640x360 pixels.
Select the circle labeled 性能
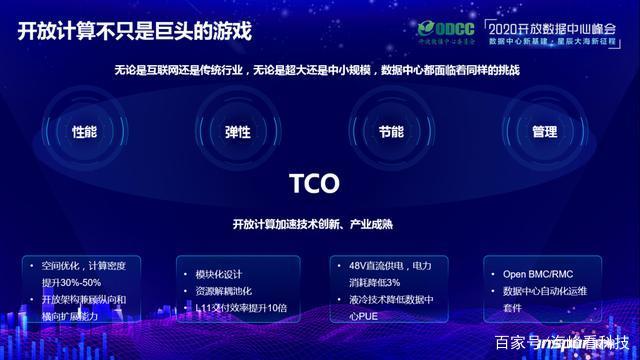85,132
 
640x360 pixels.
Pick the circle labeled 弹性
238,132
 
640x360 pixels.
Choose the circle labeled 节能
391,132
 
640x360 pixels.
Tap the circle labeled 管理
545,132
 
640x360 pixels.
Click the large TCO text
315,184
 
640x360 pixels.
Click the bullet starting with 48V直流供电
391,273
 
